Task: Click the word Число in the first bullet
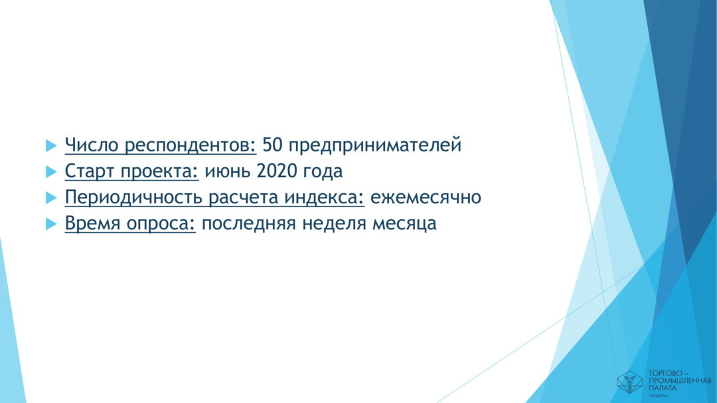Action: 92,145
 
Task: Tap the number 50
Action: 273,145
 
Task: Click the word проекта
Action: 159,172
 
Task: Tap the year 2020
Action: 277,171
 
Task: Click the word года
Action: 323,172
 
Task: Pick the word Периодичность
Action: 133,198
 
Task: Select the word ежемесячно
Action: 426,198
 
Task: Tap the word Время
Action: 93,224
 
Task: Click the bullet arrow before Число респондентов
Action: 51,145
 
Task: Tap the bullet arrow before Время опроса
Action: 51,224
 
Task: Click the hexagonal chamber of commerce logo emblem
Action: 629,382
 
